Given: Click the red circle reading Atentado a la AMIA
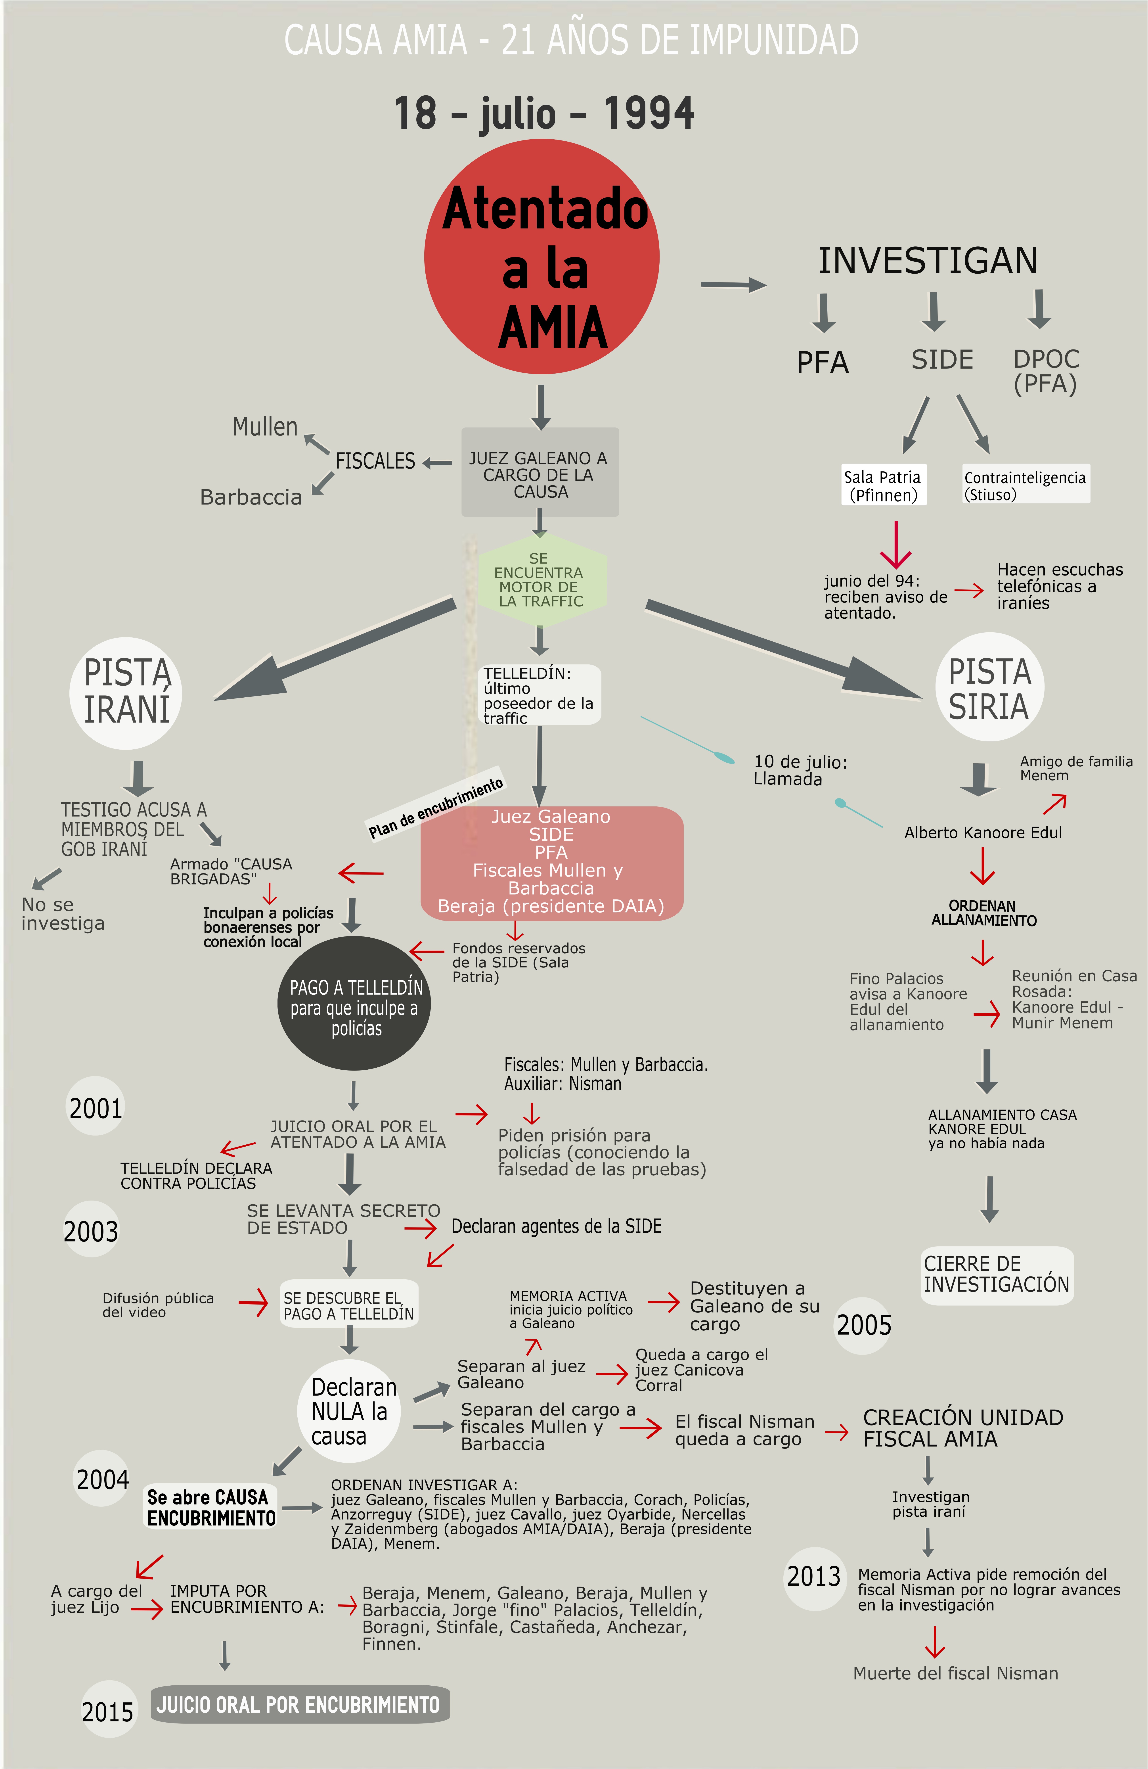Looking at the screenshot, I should [x=542, y=256].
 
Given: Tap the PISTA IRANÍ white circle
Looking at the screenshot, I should [x=126, y=692].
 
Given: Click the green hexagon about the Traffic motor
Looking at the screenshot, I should [x=541, y=580].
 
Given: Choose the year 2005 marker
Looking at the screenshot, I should [x=863, y=1324].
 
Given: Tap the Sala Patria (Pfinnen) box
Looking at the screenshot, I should [x=883, y=485].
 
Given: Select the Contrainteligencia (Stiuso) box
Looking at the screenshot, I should [x=1025, y=485].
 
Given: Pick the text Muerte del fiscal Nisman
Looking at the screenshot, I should [x=955, y=1673].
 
